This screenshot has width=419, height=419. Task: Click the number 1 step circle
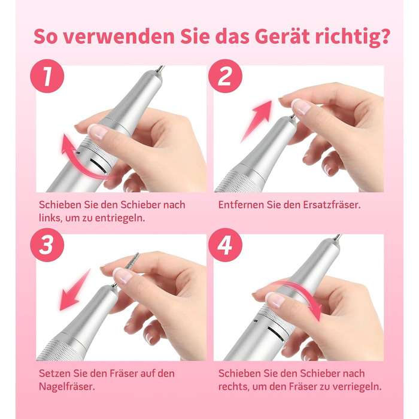47,76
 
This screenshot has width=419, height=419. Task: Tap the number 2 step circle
225,76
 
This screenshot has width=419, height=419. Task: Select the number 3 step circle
47,245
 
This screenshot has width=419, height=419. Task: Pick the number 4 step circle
225,245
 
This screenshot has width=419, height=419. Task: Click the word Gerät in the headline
283,37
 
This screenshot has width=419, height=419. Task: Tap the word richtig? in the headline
352,37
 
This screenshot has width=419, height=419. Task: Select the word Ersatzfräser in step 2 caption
332,205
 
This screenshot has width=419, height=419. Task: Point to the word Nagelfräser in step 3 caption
67,387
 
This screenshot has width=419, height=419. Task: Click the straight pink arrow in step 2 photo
256,122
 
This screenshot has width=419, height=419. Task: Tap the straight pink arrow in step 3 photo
75,290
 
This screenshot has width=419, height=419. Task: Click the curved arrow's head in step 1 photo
66,144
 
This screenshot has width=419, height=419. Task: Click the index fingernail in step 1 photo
98,132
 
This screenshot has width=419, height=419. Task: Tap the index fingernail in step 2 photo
301,106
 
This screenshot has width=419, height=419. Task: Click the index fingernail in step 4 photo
275,300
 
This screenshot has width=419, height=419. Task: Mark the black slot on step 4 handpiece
277,334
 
